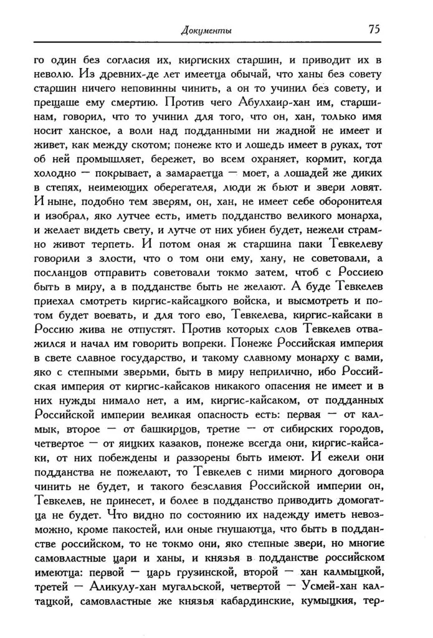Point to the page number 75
373,29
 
